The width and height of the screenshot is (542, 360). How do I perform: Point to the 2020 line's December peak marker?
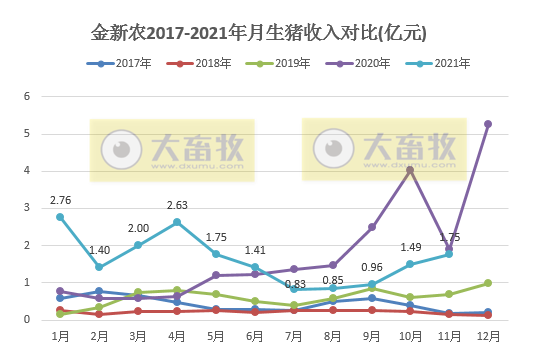coord(487,124)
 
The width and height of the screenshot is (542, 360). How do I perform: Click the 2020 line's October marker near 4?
coord(410,170)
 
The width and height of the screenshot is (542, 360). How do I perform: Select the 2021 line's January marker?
coord(60,217)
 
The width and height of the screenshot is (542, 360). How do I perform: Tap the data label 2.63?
coord(177,205)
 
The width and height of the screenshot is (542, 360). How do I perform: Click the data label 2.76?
coord(60,201)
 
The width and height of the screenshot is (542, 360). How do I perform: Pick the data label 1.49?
coord(411,248)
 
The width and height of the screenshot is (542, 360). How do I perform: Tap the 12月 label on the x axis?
coord(487,338)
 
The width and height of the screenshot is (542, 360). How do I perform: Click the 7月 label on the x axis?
coord(293,338)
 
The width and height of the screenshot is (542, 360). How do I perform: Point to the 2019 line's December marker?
coord(487,283)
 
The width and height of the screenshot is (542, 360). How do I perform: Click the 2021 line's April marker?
coord(177,222)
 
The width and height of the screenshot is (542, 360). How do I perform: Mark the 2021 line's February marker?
coord(99,267)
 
